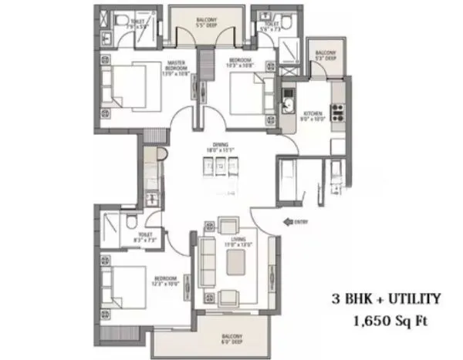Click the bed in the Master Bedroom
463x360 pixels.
(x=127, y=85)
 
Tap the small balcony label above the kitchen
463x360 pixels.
(x=326, y=55)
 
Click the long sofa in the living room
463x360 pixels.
(x=206, y=262)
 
